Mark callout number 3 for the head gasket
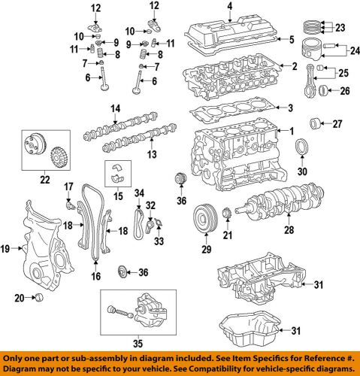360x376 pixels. (301, 108)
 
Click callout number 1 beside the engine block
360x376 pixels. (304, 132)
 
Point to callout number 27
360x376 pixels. (337, 123)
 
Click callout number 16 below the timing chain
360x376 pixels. (95, 277)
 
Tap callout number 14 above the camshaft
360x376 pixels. (115, 109)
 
